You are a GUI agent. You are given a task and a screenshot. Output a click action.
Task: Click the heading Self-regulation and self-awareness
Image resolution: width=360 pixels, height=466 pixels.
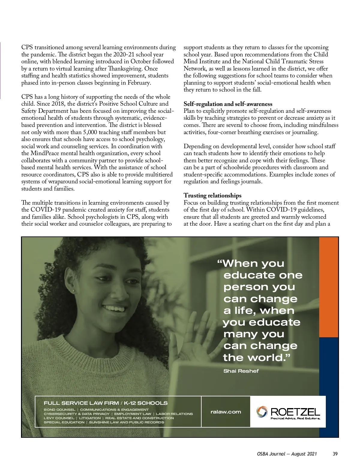[x=228, y=104]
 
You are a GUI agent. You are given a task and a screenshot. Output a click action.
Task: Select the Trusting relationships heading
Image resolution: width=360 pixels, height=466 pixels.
[x=212, y=196]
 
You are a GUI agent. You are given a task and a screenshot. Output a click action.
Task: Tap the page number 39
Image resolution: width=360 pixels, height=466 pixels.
[x=335, y=454]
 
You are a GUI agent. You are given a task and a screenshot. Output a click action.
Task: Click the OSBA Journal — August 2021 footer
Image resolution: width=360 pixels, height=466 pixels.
[x=287, y=454]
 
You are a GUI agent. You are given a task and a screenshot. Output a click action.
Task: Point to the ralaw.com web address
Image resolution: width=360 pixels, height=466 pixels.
[x=226, y=412]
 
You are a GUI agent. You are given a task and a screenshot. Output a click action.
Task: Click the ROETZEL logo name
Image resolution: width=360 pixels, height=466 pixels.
[x=295, y=412]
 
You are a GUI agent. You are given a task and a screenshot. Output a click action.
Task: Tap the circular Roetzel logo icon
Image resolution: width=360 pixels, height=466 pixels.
[x=262, y=412]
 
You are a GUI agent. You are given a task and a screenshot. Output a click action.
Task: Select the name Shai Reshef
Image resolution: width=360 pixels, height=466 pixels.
[x=241, y=371]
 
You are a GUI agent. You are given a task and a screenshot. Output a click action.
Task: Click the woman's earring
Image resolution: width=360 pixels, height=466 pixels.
[x=73, y=291]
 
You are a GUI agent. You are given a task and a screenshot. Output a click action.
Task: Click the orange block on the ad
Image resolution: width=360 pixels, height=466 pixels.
[x=328, y=287]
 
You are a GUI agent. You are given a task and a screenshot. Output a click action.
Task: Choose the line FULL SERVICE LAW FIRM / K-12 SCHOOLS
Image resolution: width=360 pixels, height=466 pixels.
[x=106, y=403]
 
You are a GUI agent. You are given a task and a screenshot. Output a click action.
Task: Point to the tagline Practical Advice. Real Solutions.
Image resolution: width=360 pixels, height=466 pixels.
[x=295, y=418]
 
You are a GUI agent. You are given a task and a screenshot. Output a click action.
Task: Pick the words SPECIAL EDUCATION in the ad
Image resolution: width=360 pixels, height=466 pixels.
[x=64, y=422]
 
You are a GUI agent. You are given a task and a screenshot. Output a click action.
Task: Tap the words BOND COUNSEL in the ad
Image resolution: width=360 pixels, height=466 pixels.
[x=59, y=410]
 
